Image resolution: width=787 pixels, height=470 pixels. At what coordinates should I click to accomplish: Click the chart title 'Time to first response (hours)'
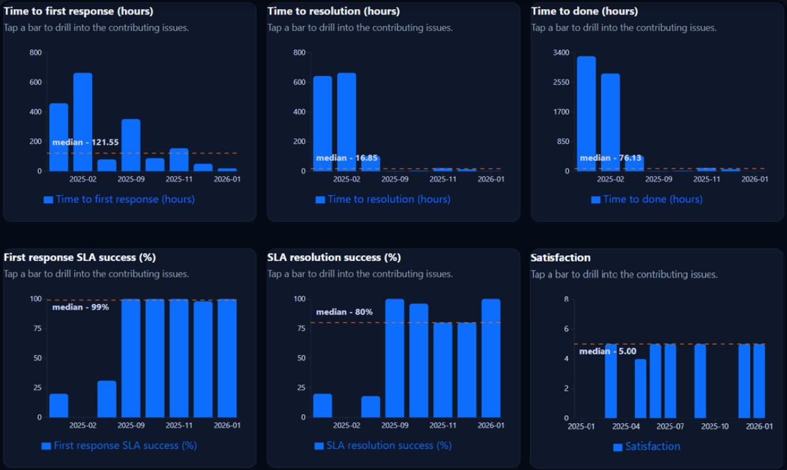coord(79,11)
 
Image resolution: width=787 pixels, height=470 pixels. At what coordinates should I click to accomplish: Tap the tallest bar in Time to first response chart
coord(83,122)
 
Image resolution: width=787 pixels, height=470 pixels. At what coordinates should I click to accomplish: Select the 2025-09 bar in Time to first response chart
coord(131,145)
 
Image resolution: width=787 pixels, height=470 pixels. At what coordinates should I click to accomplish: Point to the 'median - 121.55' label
coord(85,142)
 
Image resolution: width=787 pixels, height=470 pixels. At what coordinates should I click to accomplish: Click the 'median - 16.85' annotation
coord(347,158)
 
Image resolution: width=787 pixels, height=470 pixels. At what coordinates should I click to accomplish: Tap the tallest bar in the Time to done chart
coord(586,114)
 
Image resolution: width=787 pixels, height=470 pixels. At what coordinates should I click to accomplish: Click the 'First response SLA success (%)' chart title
coord(80,257)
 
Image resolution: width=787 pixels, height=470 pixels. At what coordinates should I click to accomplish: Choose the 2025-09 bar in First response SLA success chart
coord(131,358)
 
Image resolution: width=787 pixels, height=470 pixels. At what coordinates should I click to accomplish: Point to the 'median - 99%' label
coord(81,307)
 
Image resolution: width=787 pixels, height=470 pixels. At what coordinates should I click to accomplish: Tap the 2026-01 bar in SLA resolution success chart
coord(491,358)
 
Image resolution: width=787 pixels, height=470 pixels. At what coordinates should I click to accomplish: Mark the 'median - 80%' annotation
coord(345,312)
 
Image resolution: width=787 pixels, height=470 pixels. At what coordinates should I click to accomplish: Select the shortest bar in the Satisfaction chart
coord(640,389)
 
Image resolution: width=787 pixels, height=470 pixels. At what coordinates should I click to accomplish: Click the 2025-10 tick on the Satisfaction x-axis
coord(715,426)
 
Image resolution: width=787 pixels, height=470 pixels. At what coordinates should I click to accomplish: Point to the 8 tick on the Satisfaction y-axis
coord(565,299)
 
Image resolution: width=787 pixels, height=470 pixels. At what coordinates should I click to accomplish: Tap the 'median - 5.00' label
coord(608,352)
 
